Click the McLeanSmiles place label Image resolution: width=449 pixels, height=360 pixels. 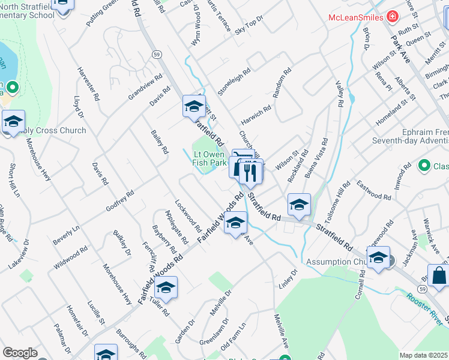[x=356, y=17]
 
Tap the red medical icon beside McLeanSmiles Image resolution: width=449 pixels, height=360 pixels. [x=393, y=17]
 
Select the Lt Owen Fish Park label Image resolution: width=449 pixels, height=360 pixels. [x=209, y=158]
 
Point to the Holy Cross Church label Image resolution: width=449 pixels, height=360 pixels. [x=53, y=130]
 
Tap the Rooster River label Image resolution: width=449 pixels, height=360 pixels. [x=424, y=310]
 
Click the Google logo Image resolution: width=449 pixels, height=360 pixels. [x=20, y=353]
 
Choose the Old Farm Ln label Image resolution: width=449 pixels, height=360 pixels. [x=234, y=337]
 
